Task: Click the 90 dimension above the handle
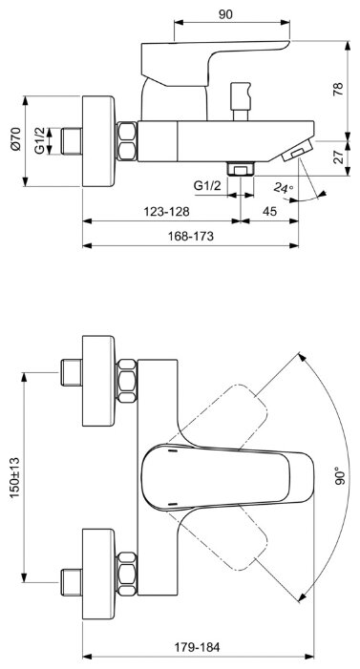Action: pyautogui.click(x=225, y=14)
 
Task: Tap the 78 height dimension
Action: pyautogui.click(x=338, y=89)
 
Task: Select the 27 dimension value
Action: pyautogui.click(x=338, y=157)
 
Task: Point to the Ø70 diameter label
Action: pyautogui.click(x=16, y=138)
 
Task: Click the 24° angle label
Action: pyautogui.click(x=284, y=188)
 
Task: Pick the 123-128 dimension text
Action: pyautogui.click(x=166, y=211)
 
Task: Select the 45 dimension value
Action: pyautogui.click(x=269, y=211)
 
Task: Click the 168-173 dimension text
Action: pyautogui.click(x=190, y=236)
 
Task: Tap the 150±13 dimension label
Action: pyautogui.click(x=15, y=477)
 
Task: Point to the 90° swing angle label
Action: pyautogui.click(x=340, y=475)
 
